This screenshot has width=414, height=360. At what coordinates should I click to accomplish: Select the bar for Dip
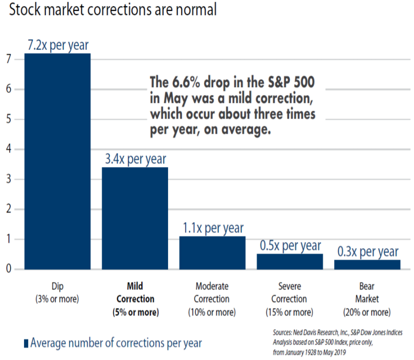[x=57, y=161]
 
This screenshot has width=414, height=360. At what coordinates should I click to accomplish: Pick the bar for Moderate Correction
[x=212, y=252]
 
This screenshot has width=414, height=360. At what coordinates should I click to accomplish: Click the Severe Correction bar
[x=290, y=261]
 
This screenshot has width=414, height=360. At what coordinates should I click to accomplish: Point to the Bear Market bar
[x=367, y=264]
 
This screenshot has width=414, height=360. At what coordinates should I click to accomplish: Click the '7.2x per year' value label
[x=57, y=45]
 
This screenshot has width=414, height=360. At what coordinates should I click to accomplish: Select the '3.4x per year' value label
[x=135, y=159]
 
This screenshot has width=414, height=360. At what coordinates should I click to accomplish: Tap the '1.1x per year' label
[x=212, y=228]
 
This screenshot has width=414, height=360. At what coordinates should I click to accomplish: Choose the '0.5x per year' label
[x=290, y=246]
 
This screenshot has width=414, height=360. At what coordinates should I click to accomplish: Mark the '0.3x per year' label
[x=367, y=252]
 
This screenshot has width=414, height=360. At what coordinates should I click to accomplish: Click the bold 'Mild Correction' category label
[x=135, y=293]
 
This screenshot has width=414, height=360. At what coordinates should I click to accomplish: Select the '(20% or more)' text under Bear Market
[x=367, y=312]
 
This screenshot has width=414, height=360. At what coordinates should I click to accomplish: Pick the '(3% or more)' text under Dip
[x=57, y=299]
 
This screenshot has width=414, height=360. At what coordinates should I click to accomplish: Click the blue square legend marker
[x=26, y=343]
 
